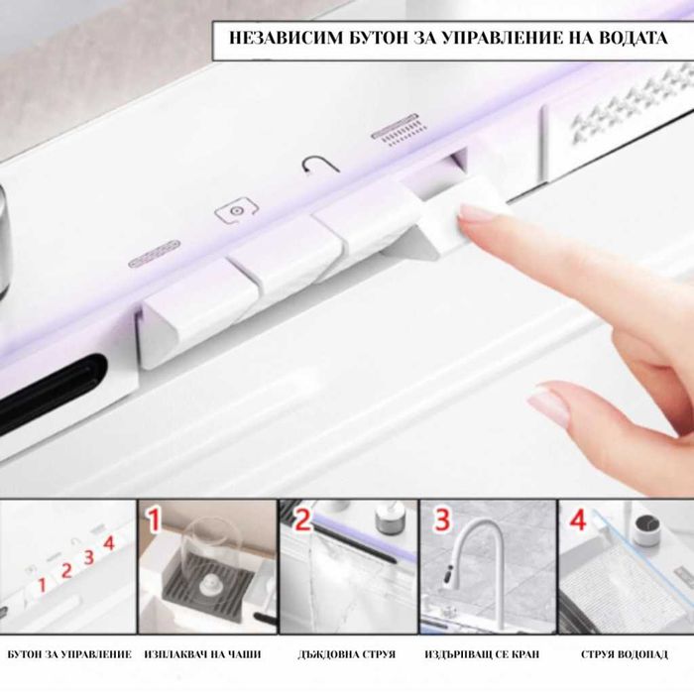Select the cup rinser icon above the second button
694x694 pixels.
[236, 211]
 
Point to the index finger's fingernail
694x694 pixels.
[478, 212]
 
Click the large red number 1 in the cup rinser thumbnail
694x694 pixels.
[154, 519]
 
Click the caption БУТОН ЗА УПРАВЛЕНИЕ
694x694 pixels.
[69, 654]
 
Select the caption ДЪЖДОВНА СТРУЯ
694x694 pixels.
[346, 654]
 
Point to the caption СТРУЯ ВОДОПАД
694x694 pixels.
[624, 654]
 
